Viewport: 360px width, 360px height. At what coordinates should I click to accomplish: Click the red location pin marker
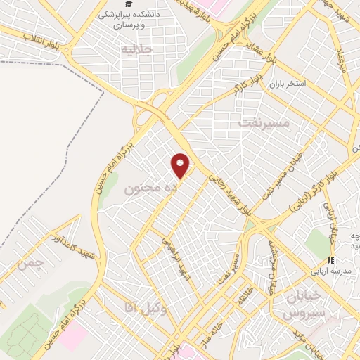(x=181, y=165)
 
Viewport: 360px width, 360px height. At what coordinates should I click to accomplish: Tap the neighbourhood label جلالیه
(x=137, y=51)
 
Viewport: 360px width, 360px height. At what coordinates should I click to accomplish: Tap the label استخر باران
(x=285, y=84)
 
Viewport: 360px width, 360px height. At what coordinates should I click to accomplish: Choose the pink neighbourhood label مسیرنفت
(x=264, y=123)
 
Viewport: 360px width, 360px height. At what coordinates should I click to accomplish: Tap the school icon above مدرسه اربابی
(x=331, y=260)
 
